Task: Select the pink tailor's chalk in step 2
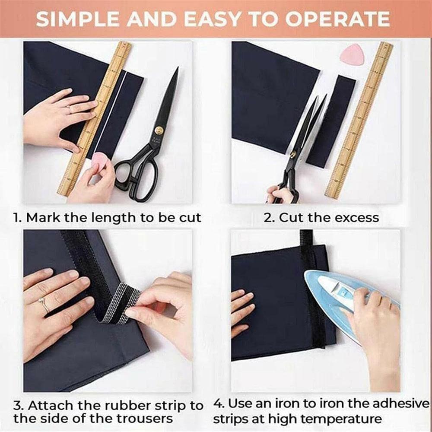(x=352, y=54)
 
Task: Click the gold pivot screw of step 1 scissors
(x=159, y=130)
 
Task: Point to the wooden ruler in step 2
(x=359, y=121)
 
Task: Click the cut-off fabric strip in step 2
(x=331, y=121)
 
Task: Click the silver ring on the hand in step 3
(x=44, y=305)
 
